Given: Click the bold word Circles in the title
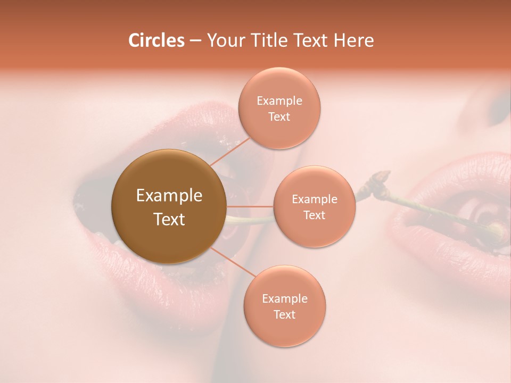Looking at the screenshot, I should pyautogui.click(x=156, y=40).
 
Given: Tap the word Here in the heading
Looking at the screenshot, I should pyautogui.click(x=355, y=40).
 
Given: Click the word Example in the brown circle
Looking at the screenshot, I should pyautogui.click(x=169, y=196).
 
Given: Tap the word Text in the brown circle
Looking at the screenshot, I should pyautogui.click(x=169, y=219).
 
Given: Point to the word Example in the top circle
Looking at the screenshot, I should pyautogui.click(x=279, y=101).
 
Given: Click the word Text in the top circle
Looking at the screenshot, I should pyautogui.click(x=279, y=116).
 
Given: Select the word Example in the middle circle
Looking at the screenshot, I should pyautogui.click(x=315, y=199).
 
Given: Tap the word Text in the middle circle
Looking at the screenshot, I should pyautogui.click(x=315, y=215).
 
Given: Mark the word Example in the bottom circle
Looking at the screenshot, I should pyautogui.click(x=285, y=298).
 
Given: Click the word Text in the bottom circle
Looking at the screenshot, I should pyautogui.click(x=285, y=314).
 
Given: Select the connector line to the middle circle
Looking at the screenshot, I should pyautogui.click(x=250, y=206).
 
